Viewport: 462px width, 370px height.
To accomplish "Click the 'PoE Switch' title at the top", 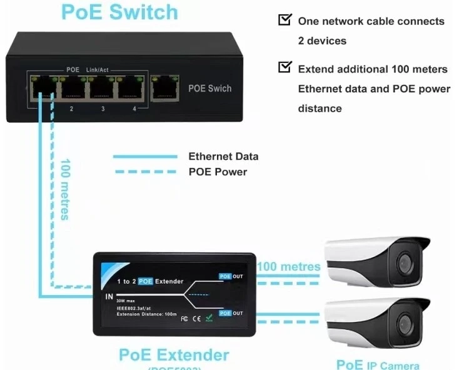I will (119, 12).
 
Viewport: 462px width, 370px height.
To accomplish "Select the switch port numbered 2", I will (73, 89).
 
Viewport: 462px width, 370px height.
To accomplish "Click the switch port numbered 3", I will (103, 89).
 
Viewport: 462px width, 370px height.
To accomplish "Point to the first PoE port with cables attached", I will (43, 89).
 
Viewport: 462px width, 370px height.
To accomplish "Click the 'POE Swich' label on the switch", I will (210, 89).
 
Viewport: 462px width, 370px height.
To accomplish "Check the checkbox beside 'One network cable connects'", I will (284, 20).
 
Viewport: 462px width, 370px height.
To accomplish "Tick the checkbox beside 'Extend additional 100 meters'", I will (284, 67).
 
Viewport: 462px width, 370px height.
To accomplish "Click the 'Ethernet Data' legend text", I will (223, 157).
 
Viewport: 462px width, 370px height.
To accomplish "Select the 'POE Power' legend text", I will (218, 172).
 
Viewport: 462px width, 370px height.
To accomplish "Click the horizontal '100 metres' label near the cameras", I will (289, 267).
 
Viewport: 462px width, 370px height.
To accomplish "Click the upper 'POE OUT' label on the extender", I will (231, 276).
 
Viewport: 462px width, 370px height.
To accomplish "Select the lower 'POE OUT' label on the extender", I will (231, 313).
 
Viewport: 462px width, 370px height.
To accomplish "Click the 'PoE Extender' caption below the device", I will (174, 355).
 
